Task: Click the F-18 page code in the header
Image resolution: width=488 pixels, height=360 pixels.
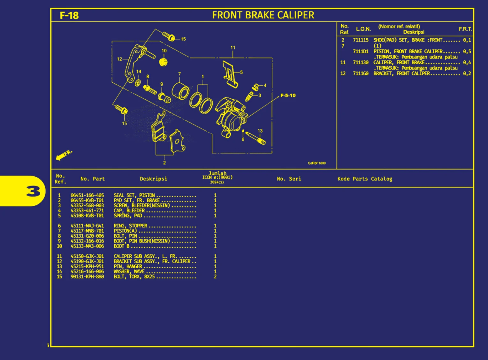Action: [69, 15]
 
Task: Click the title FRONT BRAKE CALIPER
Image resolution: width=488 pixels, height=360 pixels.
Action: [263, 15]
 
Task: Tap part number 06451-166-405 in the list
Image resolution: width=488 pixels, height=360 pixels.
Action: [87, 195]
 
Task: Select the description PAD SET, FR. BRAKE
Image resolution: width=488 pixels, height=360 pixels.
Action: [137, 200]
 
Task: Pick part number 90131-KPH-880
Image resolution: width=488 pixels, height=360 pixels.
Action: [87, 277]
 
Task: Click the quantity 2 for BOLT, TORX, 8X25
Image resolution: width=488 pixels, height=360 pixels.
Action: [215, 277]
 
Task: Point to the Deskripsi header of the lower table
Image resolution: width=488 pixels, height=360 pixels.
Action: [153, 179]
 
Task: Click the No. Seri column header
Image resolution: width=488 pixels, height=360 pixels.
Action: [289, 179]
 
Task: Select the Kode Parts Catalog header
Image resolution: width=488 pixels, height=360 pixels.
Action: [365, 179]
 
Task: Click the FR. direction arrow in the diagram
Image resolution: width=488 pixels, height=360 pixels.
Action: [64, 155]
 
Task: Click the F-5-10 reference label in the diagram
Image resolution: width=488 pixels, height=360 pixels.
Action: [288, 96]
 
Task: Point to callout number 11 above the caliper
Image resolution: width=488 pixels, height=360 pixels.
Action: [233, 48]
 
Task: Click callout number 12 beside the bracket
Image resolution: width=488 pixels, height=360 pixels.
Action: [119, 59]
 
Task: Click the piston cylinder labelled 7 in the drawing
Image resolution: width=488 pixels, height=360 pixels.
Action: [180, 90]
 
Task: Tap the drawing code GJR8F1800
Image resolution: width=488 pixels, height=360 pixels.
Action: [316, 163]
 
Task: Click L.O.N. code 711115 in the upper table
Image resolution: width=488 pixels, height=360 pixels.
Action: [361, 40]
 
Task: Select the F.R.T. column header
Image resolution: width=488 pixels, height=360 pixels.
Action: [465, 29]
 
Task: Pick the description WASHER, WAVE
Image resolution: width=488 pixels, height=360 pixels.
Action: [129, 272]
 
